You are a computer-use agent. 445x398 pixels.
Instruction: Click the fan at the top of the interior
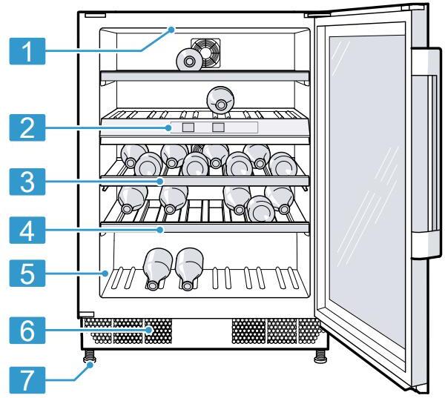point(205,52)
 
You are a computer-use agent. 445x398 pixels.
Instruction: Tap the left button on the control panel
point(188,128)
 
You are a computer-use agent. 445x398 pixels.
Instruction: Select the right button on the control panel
point(218,128)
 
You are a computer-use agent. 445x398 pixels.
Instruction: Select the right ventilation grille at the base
point(275,331)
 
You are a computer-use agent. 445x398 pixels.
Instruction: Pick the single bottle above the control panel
point(220,99)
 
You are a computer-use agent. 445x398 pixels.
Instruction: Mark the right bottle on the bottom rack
point(189,267)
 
